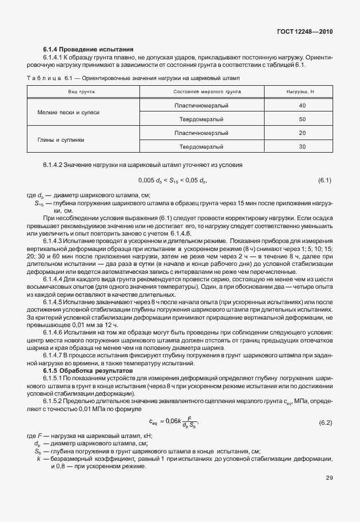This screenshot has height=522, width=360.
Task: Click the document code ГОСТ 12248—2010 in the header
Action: [x=304, y=32]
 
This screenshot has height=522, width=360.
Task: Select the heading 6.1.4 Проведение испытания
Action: [x=88, y=50]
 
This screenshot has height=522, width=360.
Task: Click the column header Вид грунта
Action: [x=81, y=91]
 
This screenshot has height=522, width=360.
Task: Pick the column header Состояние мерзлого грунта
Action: [x=207, y=91]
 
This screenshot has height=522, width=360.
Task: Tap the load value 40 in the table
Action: [x=302, y=106]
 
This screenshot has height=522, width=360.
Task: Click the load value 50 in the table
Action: [x=302, y=119]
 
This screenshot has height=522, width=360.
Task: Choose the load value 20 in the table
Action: [x=302, y=133]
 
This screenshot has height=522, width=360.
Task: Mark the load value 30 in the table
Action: [x=302, y=146]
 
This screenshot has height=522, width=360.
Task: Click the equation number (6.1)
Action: [x=325, y=181]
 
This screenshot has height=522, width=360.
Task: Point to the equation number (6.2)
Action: [x=325, y=423]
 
